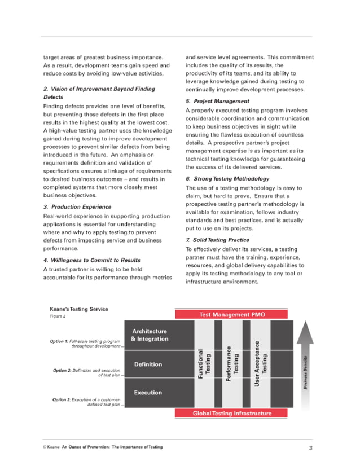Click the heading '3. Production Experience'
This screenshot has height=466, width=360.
click(x=77, y=206)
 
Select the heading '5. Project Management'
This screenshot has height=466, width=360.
click(x=217, y=101)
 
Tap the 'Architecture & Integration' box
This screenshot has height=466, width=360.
click(x=150, y=335)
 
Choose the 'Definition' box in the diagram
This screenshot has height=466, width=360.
click(x=148, y=364)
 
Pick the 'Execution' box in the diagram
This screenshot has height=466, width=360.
click(x=148, y=392)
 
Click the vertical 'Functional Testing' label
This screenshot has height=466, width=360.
click(x=204, y=364)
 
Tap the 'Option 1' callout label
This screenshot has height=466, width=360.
click(x=85, y=344)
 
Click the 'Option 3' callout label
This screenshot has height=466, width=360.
click(x=85, y=402)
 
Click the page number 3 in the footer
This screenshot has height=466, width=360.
click(x=310, y=447)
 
